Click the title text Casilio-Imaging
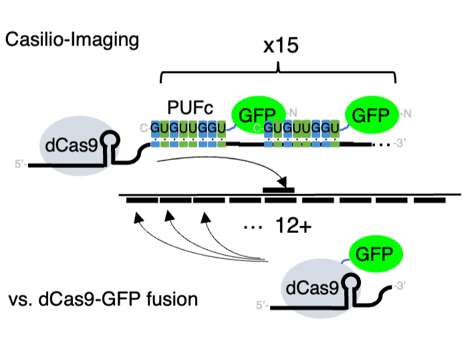click(72, 39)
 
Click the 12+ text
click(293, 227)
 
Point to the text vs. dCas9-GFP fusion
click(104, 298)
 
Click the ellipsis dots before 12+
click(253, 228)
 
